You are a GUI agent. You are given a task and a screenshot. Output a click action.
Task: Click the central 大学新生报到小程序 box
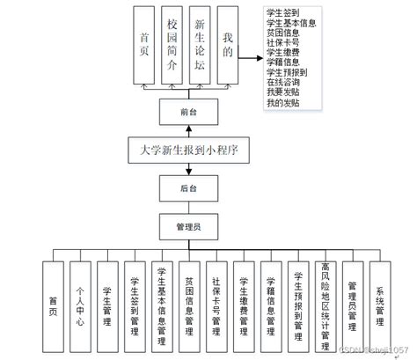click(x=183, y=150)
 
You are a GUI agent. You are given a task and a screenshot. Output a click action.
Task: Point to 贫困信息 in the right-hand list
click(x=284, y=32)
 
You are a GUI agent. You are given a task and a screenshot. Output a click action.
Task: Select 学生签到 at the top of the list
click(x=284, y=11)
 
